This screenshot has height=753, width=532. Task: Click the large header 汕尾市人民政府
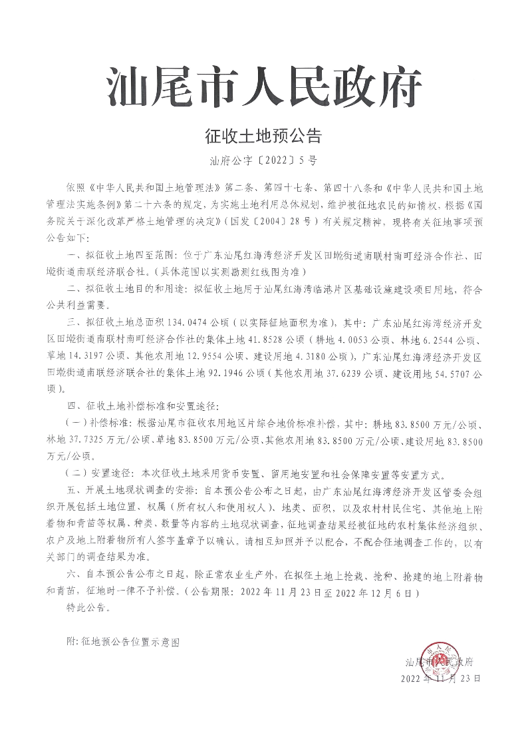(265, 87)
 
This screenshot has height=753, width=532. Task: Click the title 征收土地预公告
(264, 137)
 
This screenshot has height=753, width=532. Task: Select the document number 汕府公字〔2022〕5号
(264, 160)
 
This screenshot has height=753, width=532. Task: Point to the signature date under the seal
(440, 678)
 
